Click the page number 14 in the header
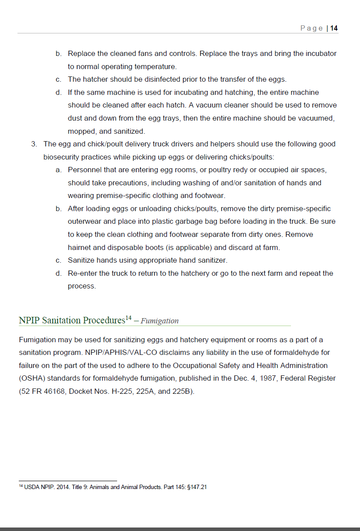334,28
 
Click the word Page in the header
312,28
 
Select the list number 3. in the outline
34,144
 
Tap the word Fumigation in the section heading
159,321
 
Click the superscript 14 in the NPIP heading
128,318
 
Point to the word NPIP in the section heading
29,320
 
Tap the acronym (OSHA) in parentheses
32,378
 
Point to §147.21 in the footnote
197,487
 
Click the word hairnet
79,247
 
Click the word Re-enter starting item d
83,273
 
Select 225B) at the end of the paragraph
183,391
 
